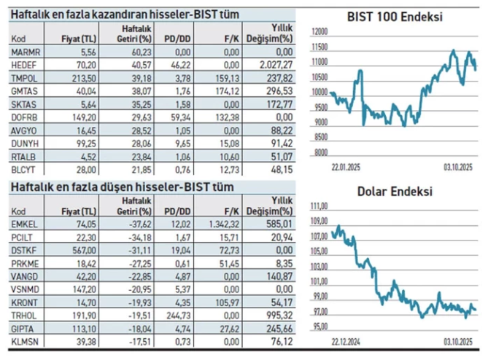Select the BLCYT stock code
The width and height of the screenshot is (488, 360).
(25, 168)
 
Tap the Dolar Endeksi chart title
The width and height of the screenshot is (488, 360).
(395, 192)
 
